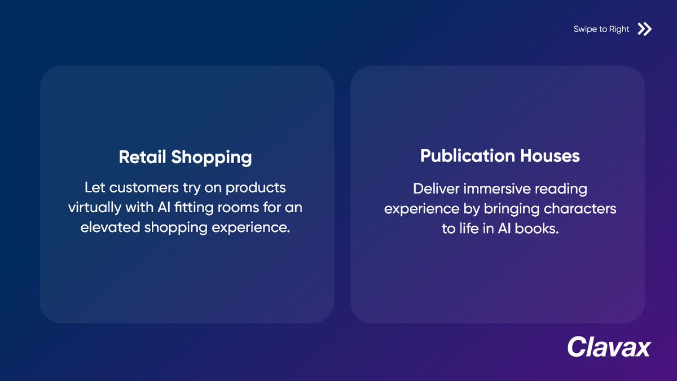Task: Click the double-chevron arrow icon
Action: click(x=644, y=29)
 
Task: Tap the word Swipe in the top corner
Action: click(x=585, y=29)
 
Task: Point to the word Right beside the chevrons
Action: click(x=619, y=29)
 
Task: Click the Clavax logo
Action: click(x=609, y=347)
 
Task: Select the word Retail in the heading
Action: click(x=143, y=157)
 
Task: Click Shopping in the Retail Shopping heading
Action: click(x=212, y=158)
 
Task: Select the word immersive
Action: click(x=497, y=188)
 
